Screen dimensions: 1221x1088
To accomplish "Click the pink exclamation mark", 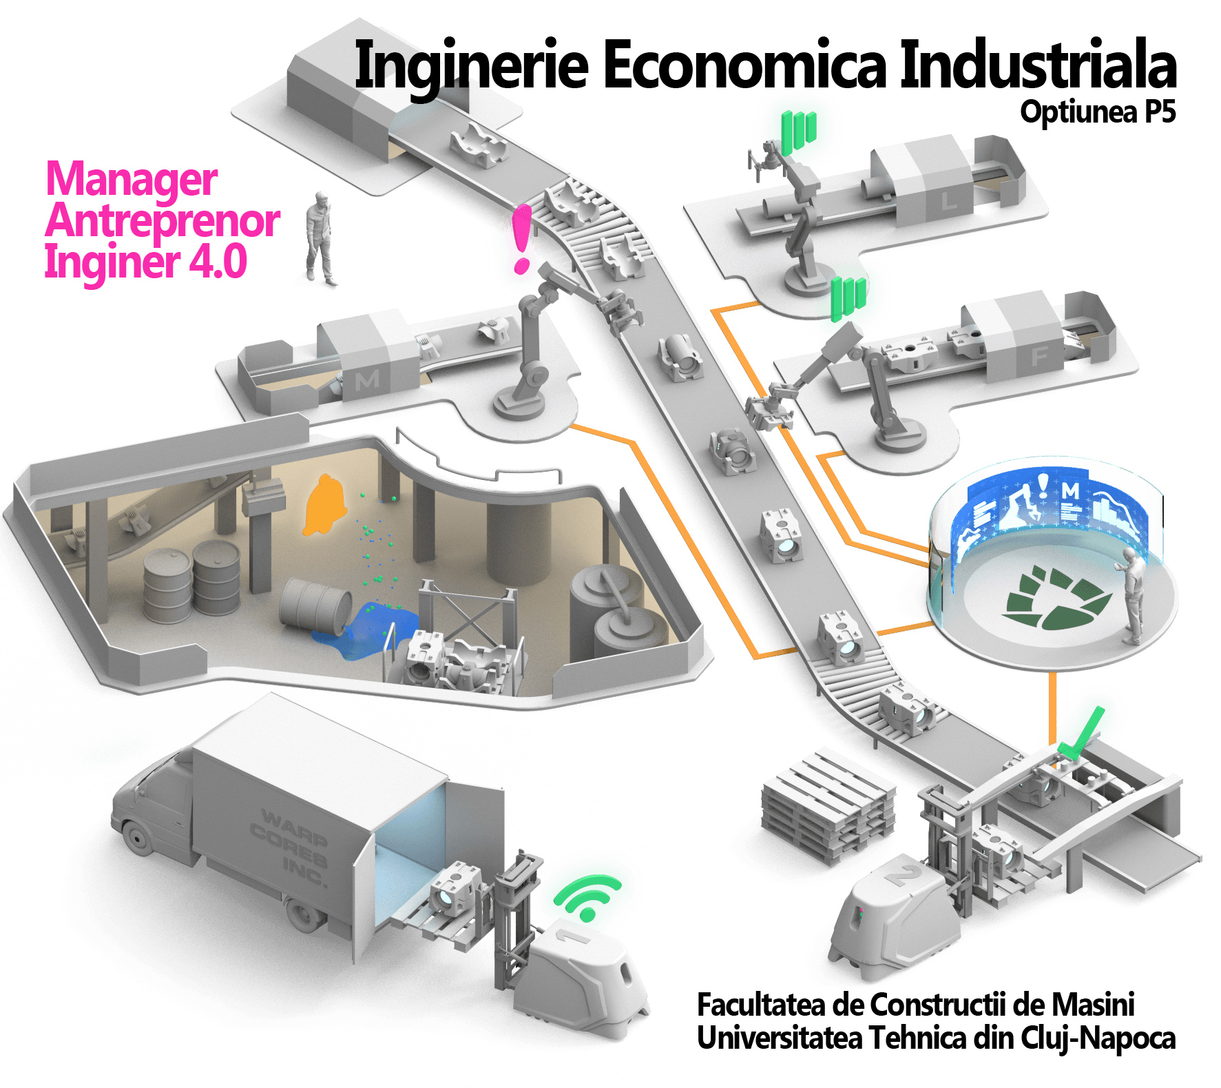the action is tap(522, 238).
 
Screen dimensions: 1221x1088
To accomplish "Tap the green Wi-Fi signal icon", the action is tap(587, 897).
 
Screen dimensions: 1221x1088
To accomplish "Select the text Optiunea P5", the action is tap(1098, 112).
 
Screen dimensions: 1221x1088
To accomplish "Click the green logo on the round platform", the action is tap(1055, 597).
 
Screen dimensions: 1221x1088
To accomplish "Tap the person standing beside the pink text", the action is tap(320, 238).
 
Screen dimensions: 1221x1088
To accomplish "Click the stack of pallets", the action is tap(828, 806).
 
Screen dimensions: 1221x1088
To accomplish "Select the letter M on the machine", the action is tap(366, 379).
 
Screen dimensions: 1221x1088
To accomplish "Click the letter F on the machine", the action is tap(1039, 356).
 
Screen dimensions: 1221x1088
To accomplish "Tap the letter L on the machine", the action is tap(949, 201).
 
